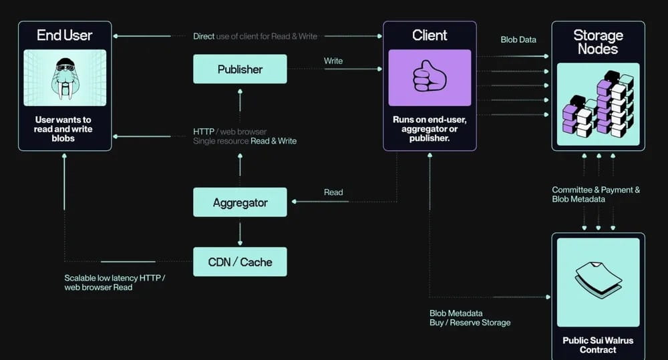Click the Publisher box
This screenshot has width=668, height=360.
click(240, 69)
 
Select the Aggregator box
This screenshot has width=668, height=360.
click(240, 202)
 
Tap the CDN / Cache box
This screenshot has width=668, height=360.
click(240, 262)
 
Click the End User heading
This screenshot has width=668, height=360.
click(65, 35)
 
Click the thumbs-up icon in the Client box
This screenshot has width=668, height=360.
click(430, 77)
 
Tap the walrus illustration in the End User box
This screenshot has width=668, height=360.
click(65, 79)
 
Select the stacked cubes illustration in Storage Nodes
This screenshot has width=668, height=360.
click(598, 105)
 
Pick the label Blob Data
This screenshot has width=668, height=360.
click(518, 40)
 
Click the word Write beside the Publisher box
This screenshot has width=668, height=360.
click(333, 61)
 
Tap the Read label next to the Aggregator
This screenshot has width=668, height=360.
click(333, 192)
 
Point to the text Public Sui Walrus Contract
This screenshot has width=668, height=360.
click(598, 345)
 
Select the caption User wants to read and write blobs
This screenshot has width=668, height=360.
click(64, 129)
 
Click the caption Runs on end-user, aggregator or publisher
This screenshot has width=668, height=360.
click(430, 129)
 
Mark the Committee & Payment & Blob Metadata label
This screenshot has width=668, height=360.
click(596, 194)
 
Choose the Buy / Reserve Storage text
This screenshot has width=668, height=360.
click(470, 323)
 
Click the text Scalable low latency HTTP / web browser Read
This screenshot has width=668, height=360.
click(115, 283)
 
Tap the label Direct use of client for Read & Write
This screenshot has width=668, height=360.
click(255, 36)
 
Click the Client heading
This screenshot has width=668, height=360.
click(430, 35)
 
